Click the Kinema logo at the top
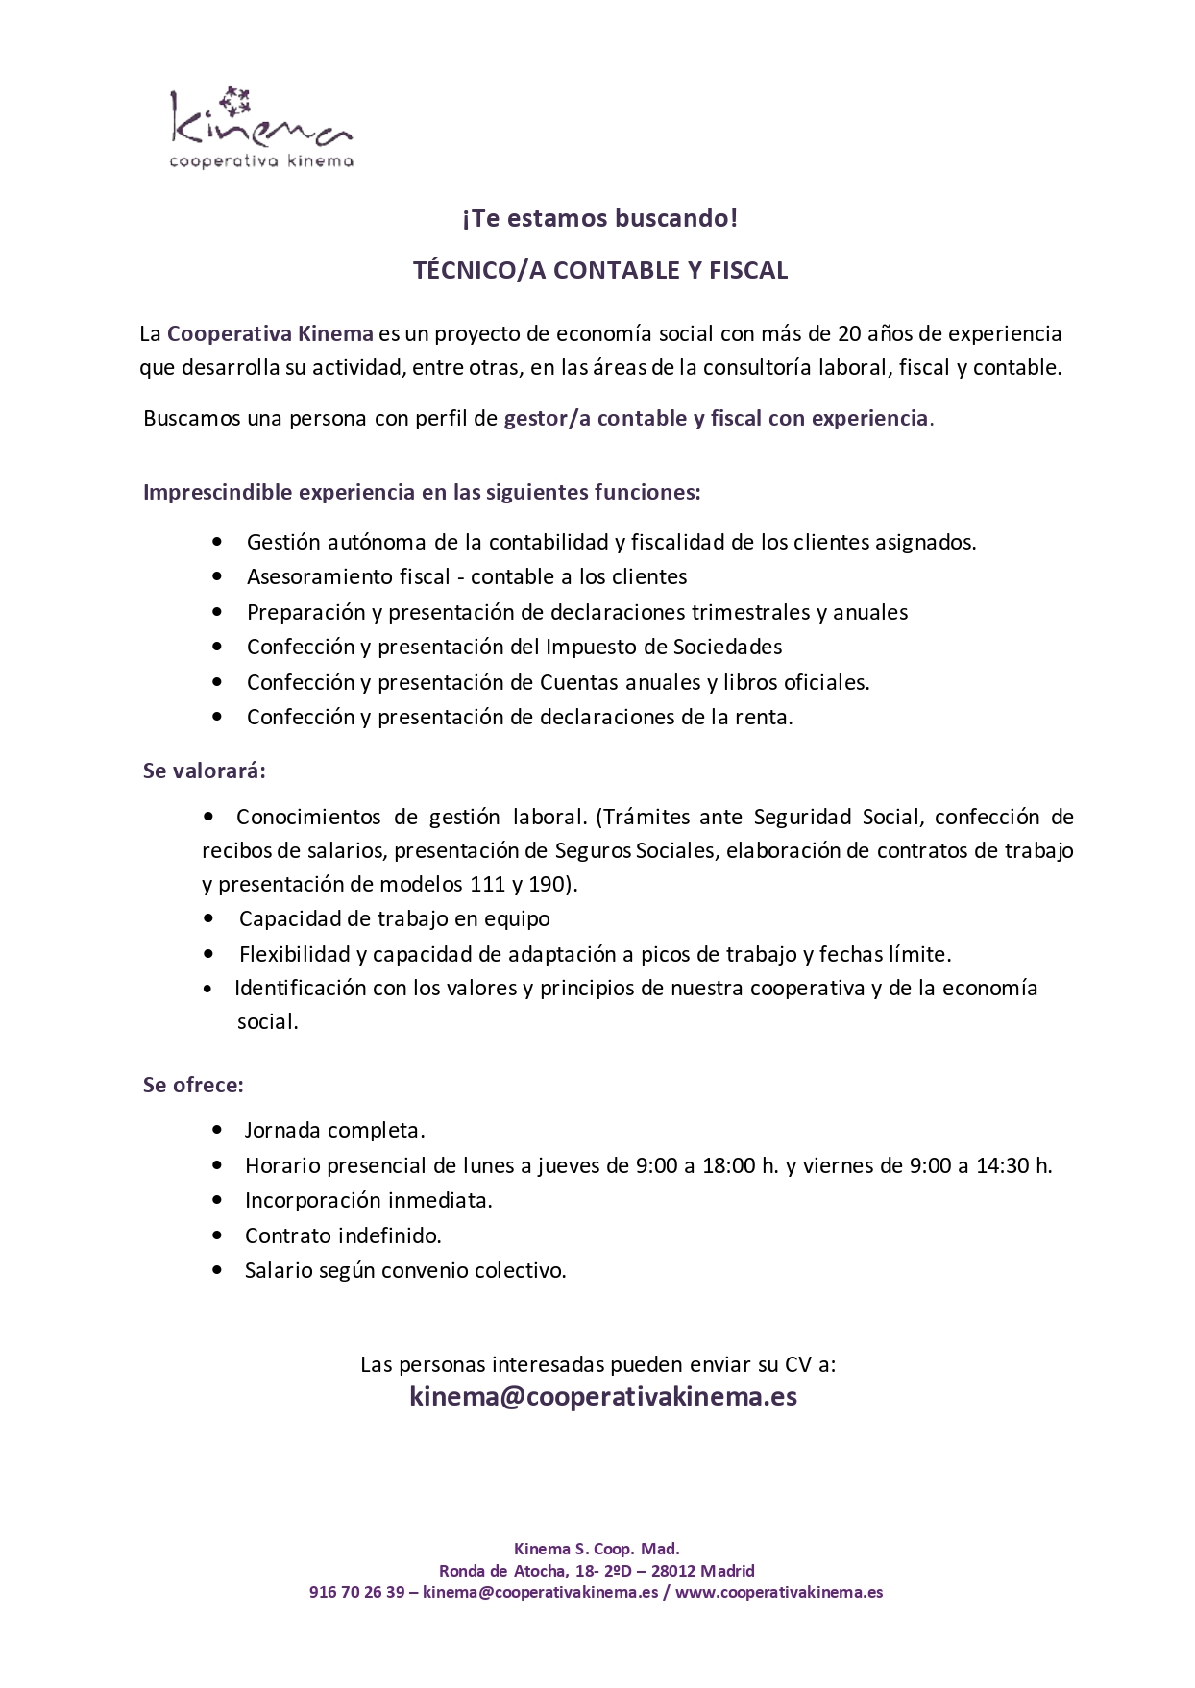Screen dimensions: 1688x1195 [x=260, y=129]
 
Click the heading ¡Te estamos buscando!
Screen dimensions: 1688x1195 [x=599, y=218]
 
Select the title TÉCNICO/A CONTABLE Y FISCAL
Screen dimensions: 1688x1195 [x=599, y=270]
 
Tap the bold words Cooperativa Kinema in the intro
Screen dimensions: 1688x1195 [x=270, y=333]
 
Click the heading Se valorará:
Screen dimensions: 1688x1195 [x=204, y=771]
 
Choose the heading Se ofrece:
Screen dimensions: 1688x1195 [x=193, y=1085]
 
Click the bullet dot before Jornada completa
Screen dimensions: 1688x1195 [x=217, y=1131]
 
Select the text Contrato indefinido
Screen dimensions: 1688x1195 [x=343, y=1235]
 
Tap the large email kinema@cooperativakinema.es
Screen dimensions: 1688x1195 [x=603, y=1396]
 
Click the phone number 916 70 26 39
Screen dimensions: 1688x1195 [x=356, y=1592]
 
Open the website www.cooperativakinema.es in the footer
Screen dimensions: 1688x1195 [x=779, y=1592]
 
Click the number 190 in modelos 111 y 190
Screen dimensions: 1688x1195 [x=546, y=884]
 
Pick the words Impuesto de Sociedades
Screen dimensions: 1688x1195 [x=664, y=647]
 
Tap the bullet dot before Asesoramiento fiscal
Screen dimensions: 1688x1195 [x=217, y=576]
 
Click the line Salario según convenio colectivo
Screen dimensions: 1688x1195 [x=405, y=1270]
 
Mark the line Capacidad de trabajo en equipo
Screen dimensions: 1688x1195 [x=394, y=918]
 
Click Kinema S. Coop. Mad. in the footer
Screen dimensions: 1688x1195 [x=597, y=1549]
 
